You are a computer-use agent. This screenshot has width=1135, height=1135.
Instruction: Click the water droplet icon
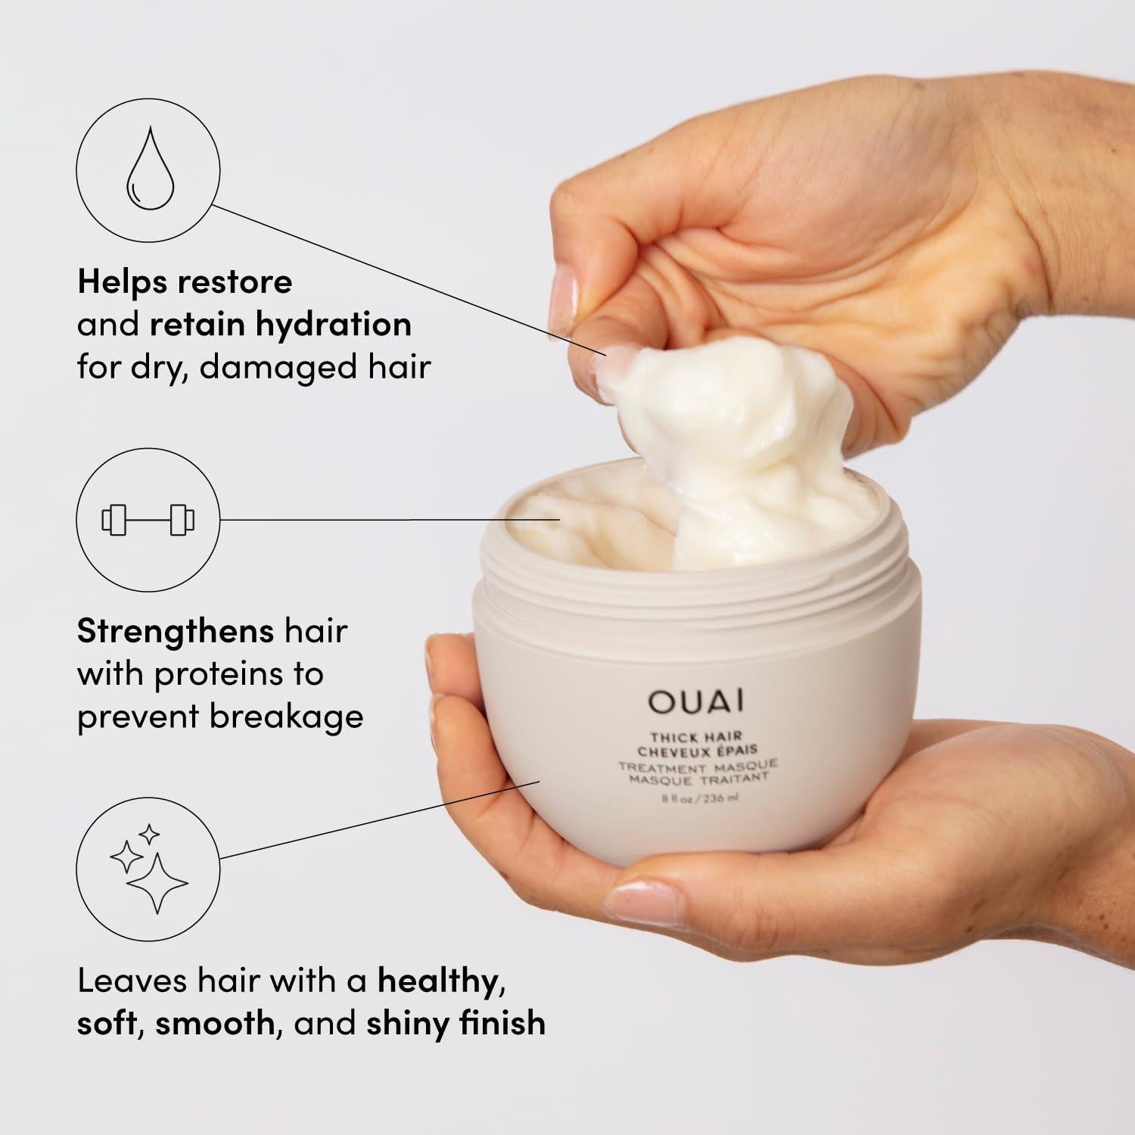click(149, 169)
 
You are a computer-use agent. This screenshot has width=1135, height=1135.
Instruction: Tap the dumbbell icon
click(148, 521)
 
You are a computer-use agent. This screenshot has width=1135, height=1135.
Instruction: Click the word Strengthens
click(176, 631)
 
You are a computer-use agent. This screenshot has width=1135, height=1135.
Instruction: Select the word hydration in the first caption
click(333, 325)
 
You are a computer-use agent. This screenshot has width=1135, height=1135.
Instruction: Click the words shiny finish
click(456, 1023)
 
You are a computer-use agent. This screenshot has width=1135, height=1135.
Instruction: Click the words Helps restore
click(185, 282)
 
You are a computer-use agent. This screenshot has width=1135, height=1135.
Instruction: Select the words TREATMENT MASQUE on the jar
click(697, 766)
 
